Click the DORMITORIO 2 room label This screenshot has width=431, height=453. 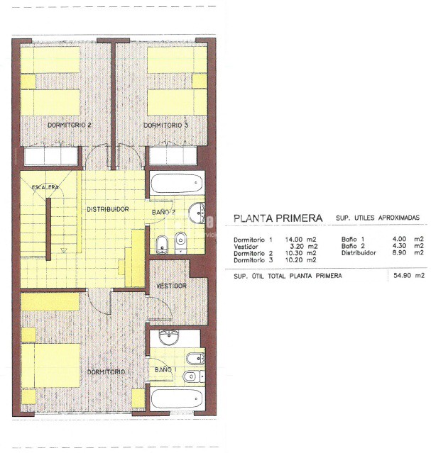70,125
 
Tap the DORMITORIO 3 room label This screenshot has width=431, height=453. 166,125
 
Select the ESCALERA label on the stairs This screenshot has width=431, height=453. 44,187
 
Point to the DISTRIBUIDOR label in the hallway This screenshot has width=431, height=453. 107,209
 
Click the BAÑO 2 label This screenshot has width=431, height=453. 163,212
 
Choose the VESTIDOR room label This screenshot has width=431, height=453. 171,286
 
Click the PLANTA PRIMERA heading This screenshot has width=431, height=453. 278,218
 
